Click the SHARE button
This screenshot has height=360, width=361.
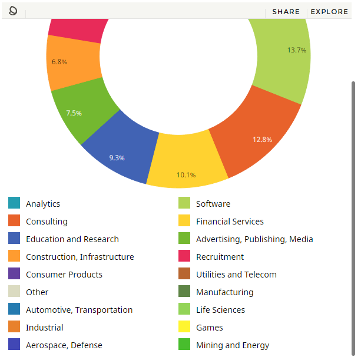(x=286, y=12)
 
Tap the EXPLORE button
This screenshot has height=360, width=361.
(x=329, y=12)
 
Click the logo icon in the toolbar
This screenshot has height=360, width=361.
(x=13, y=11)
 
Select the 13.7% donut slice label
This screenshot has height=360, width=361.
(x=297, y=50)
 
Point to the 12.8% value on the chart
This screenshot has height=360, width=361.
(x=262, y=140)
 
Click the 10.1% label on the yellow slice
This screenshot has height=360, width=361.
(x=186, y=175)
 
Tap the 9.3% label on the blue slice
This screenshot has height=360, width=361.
(x=117, y=158)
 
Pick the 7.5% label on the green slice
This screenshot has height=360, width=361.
(x=74, y=113)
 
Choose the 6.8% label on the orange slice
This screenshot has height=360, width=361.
(x=59, y=62)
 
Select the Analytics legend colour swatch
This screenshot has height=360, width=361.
(x=14, y=203)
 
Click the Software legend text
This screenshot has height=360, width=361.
(x=213, y=204)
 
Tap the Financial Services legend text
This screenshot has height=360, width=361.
(x=230, y=222)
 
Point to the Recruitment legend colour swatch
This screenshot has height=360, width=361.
(x=184, y=256)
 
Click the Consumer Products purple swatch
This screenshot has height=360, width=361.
(x=14, y=273)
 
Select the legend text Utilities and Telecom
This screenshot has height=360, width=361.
(x=236, y=275)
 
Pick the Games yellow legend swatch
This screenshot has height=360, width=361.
(x=184, y=326)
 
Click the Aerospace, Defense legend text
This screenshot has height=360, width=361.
(x=64, y=345)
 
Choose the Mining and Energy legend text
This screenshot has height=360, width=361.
(x=233, y=345)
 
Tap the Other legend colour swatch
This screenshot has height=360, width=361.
(x=14, y=291)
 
